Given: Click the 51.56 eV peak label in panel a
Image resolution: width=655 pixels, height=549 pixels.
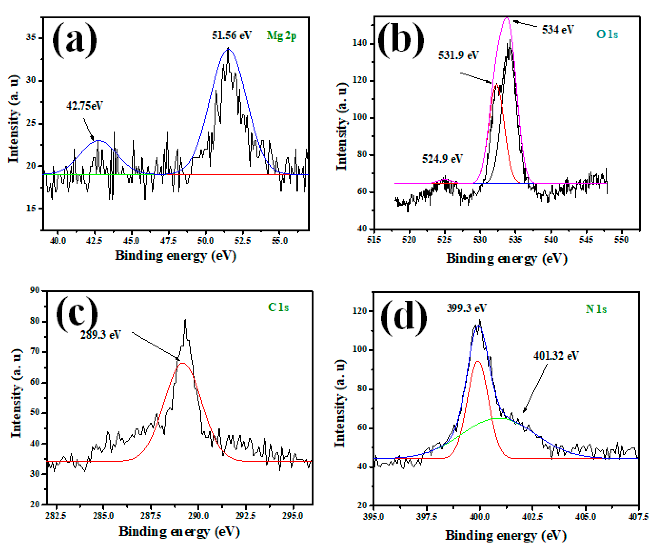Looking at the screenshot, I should (x=231, y=35).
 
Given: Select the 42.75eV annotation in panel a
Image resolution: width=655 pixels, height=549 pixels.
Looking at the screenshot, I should (x=84, y=105).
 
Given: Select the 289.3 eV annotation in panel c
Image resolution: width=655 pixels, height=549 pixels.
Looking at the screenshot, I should (x=100, y=335).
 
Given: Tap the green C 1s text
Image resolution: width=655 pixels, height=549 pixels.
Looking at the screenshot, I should (x=278, y=307).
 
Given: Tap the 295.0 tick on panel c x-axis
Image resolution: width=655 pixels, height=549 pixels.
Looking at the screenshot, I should (x=292, y=516).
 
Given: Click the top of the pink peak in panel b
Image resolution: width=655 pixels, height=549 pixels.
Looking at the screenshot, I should (x=507, y=18).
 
